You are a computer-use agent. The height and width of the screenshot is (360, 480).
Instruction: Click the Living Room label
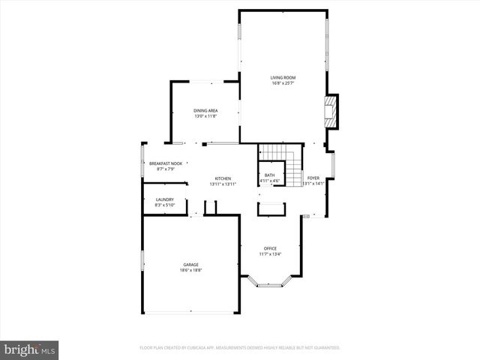pyautogui.click(x=283, y=77)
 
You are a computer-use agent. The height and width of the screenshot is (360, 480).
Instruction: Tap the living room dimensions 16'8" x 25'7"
pyautogui.click(x=283, y=82)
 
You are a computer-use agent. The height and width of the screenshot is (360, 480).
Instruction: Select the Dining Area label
pyautogui.click(x=205, y=110)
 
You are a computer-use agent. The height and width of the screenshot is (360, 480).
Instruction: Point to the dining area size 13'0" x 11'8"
pyautogui.click(x=205, y=116)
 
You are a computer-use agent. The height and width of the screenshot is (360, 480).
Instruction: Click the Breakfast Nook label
pyautogui.click(x=166, y=163)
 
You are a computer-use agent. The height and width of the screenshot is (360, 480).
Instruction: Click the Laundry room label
pyautogui.click(x=164, y=199)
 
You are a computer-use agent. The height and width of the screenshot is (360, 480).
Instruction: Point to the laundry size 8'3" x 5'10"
pyautogui.click(x=164, y=205)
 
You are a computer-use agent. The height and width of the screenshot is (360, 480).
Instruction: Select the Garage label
pyautogui.click(x=190, y=264)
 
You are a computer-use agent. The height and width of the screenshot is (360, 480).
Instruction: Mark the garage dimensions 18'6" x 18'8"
pyautogui.click(x=190, y=270)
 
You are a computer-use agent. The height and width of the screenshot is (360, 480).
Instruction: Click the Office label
pyautogui.click(x=270, y=248)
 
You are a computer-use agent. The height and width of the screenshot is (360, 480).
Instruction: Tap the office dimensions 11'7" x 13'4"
pyautogui.click(x=270, y=254)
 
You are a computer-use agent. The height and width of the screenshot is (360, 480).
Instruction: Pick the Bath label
pyautogui.click(x=269, y=175)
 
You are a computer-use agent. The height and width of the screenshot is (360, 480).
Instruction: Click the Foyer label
pyautogui.click(x=313, y=178)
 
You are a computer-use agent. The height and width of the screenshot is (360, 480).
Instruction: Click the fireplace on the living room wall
pyautogui.click(x=331, y=111)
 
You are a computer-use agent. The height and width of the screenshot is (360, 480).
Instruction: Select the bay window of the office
pyautogui.click(x=270, y=283)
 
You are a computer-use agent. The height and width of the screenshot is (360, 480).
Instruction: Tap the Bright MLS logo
pyautogui.click(x=30, y=349)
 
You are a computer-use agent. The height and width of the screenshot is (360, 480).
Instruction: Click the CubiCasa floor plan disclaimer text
pyautogui.click(x=240, y=347)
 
